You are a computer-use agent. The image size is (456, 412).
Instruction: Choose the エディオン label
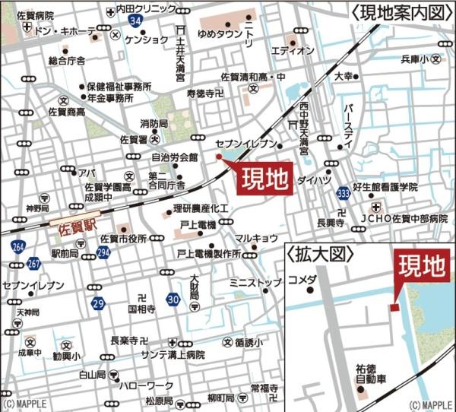(x=292, y=50)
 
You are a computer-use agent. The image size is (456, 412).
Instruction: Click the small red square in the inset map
(x=393, y=307)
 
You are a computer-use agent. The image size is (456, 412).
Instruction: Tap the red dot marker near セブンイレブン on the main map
(x=219, y=157)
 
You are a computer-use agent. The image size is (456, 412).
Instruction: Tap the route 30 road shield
(x=173, y=300)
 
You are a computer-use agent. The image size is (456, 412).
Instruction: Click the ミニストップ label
(x=255, y=283)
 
